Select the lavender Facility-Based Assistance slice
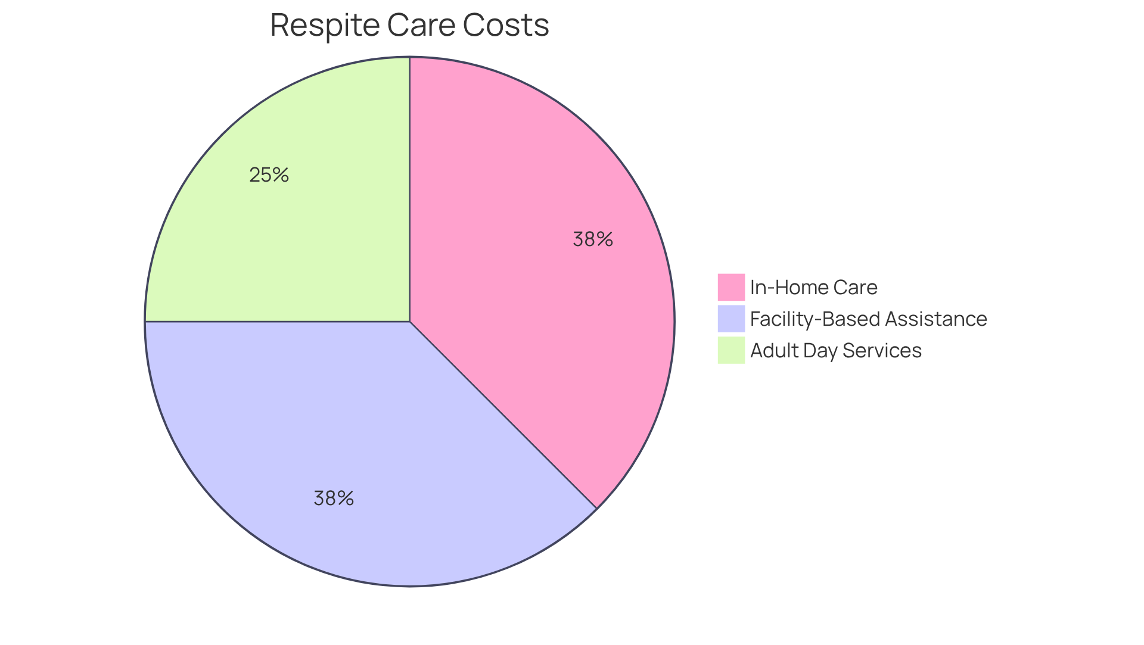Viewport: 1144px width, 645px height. (357, 447)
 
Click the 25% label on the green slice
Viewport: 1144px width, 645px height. (269, 175)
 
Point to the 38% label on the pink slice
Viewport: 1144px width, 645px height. (592, 239)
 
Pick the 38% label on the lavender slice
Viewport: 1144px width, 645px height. (334, 498)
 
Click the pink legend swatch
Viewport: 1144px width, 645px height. (730, 287)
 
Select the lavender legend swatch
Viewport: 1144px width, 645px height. (730, 319)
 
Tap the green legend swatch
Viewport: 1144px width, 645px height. (730, 350)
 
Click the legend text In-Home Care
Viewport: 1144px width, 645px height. (813, 288)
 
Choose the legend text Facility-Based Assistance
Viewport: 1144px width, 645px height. (868, 319)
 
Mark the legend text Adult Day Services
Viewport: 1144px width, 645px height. (835, 351)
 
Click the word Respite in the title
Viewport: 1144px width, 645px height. (325, 26)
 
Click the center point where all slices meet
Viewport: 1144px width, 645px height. (410, 322)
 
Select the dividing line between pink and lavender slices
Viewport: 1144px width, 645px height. (503, 415)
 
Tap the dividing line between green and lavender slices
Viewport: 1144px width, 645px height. (277, 322)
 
